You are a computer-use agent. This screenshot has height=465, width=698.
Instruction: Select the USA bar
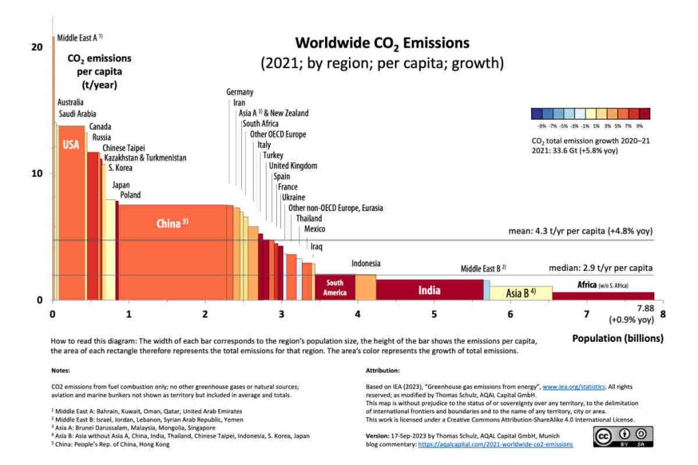[x=71, y=204]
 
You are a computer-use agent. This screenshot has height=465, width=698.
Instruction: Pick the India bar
[x=429, y=290]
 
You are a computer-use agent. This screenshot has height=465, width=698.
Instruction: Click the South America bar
[x=335, y=287]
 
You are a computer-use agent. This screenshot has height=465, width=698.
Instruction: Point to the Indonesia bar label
[x=366, y=263]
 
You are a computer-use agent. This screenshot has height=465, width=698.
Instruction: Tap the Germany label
[x=240, y=92]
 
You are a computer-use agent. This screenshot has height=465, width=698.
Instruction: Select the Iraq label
[x=316, y=246]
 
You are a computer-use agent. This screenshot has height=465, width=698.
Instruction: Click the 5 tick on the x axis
[x=434, y=314]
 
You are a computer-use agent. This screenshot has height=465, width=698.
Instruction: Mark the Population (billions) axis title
[x=618, y=338]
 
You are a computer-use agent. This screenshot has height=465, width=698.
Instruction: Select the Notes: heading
[x=61, y=371]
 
